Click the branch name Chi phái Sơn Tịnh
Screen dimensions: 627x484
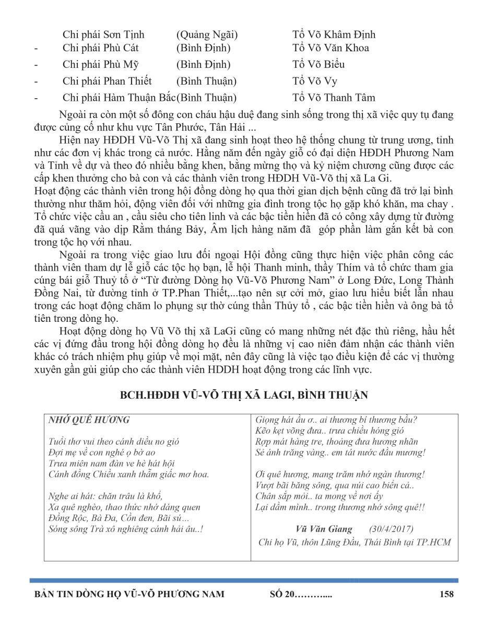tap(103, 35)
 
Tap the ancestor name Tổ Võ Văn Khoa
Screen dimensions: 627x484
tap(330, 48)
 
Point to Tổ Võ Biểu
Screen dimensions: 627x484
tap(318, 65)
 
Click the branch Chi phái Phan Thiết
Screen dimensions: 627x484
tap(107, 81)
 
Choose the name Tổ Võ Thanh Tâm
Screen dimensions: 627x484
tap(334, 98)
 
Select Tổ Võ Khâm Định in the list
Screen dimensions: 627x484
tap(334, 35)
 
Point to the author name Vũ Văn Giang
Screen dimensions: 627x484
tap(324, 529)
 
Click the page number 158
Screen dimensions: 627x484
tap(446, 594)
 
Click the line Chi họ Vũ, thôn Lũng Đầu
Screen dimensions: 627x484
tap(355, 542)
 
